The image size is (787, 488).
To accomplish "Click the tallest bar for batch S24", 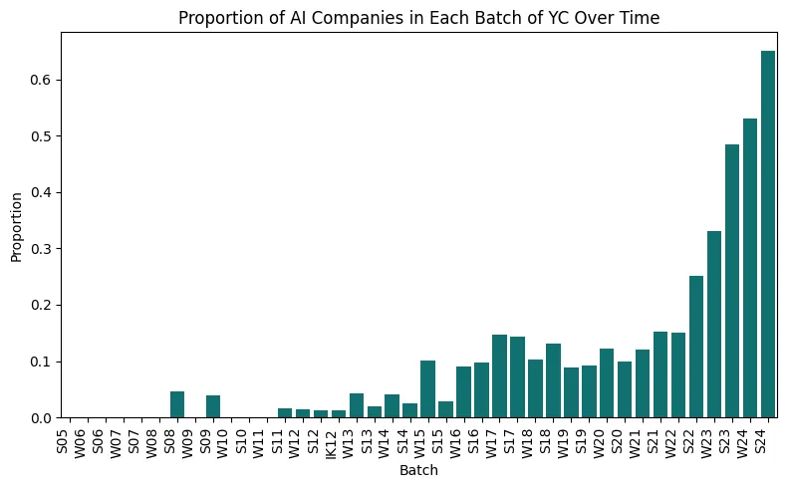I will pyautogui.click(x=768, y=234).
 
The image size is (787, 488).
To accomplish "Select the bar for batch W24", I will pyautogui.click(x=750, y=268).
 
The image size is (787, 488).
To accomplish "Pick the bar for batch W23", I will pyautogui.click(x=714, y=325).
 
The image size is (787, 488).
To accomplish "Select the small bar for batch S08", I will pyautogui.click(x=177, y=404).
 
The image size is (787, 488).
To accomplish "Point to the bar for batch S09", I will pyautogui.click(x=213, y=406).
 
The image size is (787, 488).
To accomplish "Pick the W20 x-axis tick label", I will pyautogui.click(x=607, y=440).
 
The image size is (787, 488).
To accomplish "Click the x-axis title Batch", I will pyautogui.click(x=419, y=471).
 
